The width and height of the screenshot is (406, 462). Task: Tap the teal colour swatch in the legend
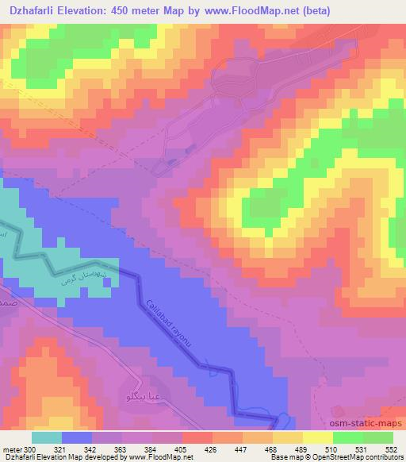[x=47, y=437]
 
